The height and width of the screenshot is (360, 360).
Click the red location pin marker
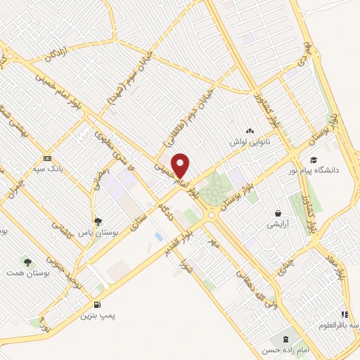pos(181,165)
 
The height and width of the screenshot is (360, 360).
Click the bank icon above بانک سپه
pos(47,158)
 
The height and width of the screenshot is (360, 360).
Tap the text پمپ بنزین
pos(98,316)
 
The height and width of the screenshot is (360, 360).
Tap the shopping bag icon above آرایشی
pos(278,214)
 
